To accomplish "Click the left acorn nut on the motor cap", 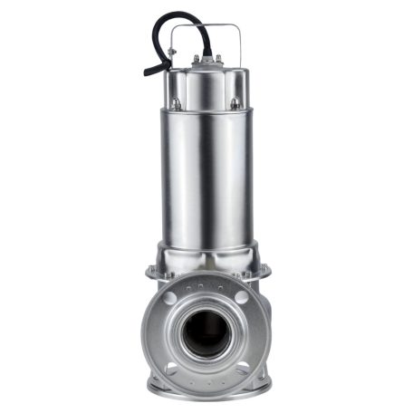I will pyautogui.click(x=176, y=103).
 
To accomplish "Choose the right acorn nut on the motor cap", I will pyautogui.click(x=235, y=103).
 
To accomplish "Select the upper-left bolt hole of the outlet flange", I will pyautogui.click(x=169, y=297).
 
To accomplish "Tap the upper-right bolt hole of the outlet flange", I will pyautogui.click(x=243, y=297).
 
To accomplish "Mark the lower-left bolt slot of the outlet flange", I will pyautogui.click(x=170, y=371).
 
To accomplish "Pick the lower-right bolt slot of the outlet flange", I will pyautogui.click(x=242, y=371).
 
